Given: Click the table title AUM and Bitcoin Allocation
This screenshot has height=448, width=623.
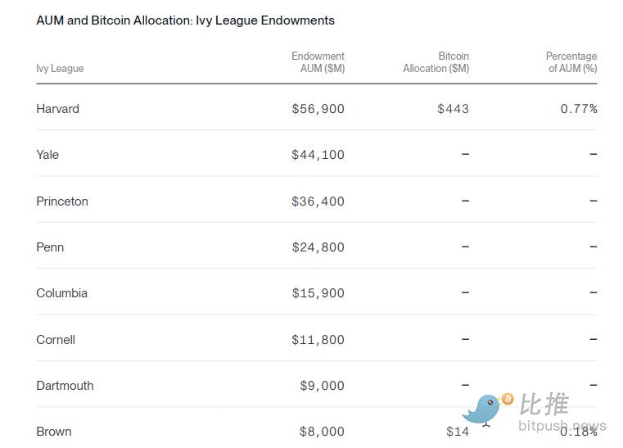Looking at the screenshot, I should coord(185,20).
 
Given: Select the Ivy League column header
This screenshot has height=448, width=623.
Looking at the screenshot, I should coord(60,69).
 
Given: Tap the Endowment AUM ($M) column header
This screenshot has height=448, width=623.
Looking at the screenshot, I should coord(318,62).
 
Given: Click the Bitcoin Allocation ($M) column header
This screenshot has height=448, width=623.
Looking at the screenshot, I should coord(436,62).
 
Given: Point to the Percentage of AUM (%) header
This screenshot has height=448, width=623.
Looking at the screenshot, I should coord(571,62).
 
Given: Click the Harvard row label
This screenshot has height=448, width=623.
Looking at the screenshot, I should coord(57,109).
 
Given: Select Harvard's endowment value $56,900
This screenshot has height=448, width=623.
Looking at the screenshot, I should coord(318,109).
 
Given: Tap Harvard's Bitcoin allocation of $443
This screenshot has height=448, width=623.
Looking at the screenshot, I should coord(453,109).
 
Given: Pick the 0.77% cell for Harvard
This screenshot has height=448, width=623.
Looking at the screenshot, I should coord(579,109).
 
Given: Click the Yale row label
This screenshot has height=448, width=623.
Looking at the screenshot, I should coord(47,155).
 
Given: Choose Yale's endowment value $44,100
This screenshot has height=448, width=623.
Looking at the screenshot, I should coord(318,155).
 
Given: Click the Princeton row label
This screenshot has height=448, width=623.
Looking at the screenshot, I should coord(62,201).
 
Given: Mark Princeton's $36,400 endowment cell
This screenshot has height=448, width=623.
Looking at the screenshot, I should coord(318,201).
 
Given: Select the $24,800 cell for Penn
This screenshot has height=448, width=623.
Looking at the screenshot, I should coord(318,247).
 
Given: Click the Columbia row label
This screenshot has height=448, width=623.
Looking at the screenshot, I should coord(61,293).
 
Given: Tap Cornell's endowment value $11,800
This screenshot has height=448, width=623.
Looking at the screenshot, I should coord(318,340).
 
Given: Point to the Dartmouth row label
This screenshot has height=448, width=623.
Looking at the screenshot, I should coord(65,386).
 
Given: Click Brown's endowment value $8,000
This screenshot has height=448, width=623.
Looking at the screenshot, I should coord(322,432).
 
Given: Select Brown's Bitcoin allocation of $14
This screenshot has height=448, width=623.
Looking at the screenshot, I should coord(458,432).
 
